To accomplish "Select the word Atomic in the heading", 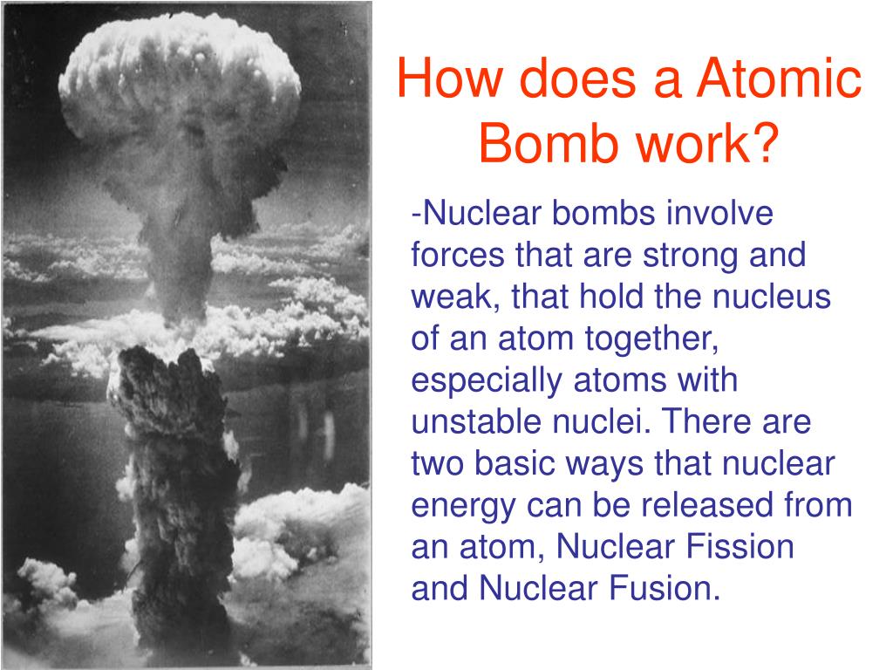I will tap(779, 79).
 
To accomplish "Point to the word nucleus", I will tap(773, 297).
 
